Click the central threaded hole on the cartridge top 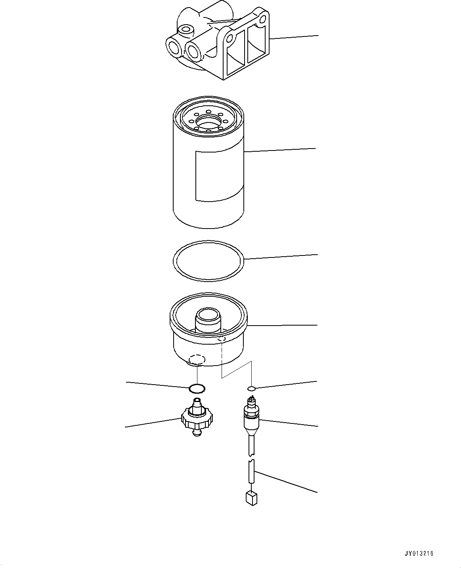pyautogui.click(x=208, y=121)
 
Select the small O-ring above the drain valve pyautogui.click(x=197, y=387)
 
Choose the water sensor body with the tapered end pyautogui.click(x=251, y=422)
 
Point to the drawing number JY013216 pyautogui.click(x=419, y=554)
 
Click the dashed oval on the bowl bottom pyautogui.click(x=197, y=359)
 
